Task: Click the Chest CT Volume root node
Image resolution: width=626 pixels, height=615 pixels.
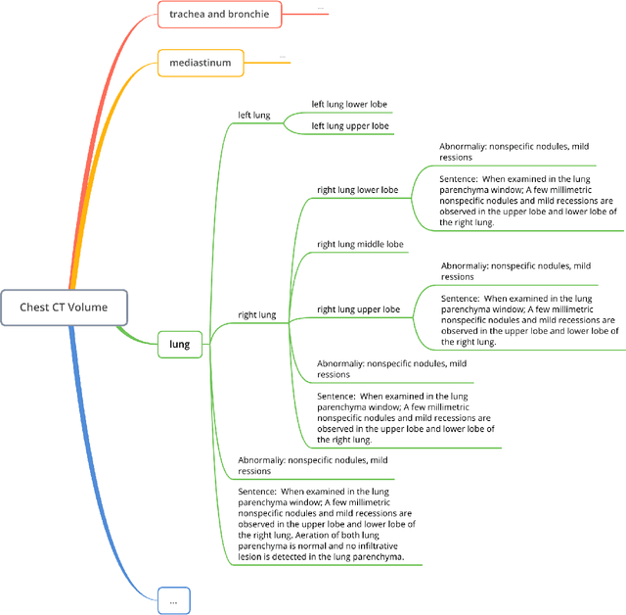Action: coord(65,307)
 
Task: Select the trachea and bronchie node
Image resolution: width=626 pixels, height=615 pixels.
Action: coord(219,14)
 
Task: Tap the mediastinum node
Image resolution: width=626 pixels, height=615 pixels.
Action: coord(200,64)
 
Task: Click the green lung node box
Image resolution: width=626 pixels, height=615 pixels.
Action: coord(180,344)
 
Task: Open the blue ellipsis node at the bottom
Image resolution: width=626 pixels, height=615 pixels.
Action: coord(173,599)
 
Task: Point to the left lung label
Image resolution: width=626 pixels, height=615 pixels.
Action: coord(254,115)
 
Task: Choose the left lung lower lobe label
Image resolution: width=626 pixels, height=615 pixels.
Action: coord(350,104)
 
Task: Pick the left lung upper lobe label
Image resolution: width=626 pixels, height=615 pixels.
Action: coord(350,126)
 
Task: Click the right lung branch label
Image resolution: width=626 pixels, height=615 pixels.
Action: coord(256,315)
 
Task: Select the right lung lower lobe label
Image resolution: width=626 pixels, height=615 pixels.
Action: coord(358,190)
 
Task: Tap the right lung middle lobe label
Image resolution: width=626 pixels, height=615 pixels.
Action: coord(360,244)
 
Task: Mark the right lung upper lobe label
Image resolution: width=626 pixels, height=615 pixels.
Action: coord(358,309)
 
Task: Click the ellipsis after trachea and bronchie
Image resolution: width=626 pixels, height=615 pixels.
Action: coord(320,9)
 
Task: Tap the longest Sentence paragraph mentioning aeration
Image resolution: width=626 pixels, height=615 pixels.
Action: coord(328,524)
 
